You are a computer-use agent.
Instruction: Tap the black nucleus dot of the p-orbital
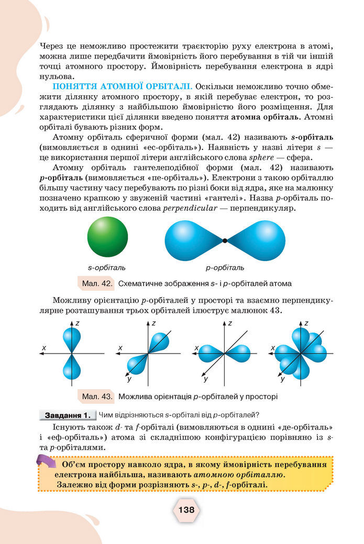coord(225,241)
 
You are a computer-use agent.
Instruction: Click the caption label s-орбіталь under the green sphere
coord(107,268)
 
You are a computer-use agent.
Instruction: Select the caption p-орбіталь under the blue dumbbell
coord(225,268)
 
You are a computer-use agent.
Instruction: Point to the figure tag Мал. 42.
coord(96,284)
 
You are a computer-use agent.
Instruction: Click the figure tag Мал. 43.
coord(96,396)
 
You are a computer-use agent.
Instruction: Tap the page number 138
coord(186,509)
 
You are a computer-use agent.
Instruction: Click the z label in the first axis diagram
coord(77,324)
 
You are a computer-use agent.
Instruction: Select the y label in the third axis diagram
coord(206,378)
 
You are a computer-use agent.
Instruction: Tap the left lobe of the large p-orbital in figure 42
coord(192,240)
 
